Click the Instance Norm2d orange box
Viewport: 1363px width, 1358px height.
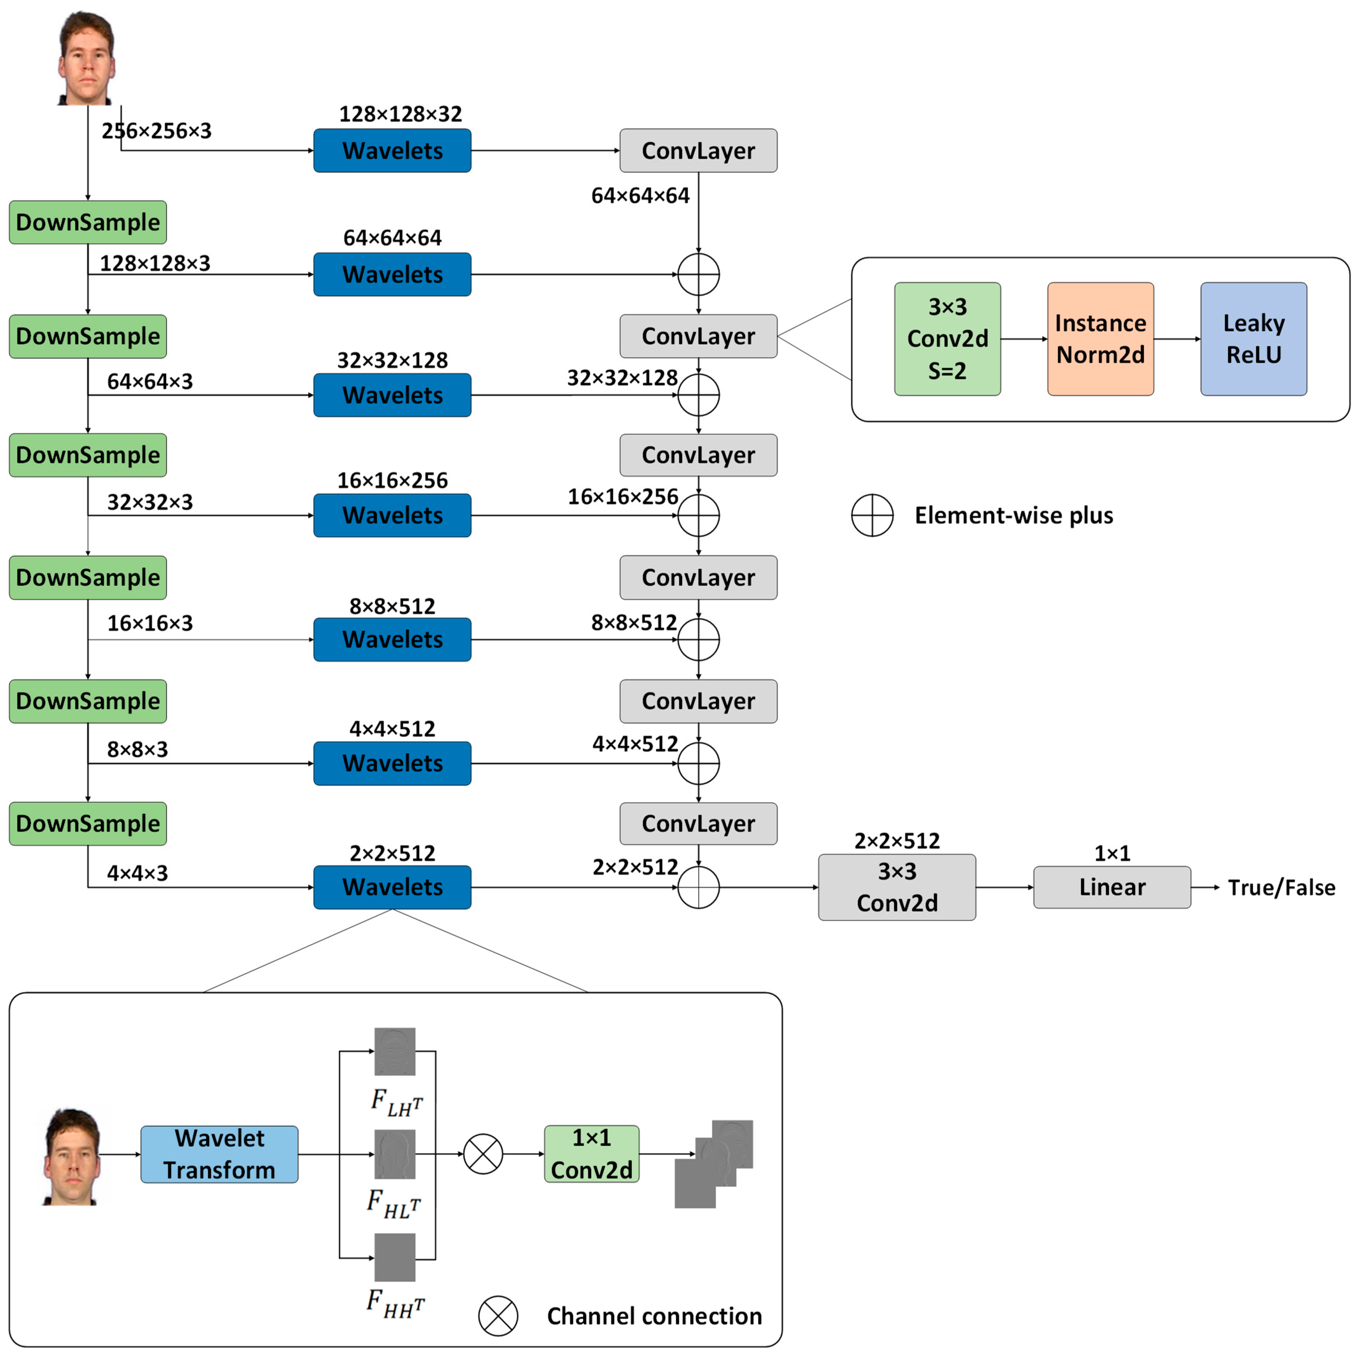(x=1101, y=339)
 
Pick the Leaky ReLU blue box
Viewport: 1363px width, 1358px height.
(x=1254, y=339)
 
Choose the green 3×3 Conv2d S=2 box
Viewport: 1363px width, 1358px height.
(x=947, y=339)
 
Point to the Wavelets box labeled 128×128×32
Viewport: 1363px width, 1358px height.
(x=392, y=150)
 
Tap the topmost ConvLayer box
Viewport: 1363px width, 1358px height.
(x=698, y=150)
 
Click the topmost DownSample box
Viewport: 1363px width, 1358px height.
(x=88, y=222)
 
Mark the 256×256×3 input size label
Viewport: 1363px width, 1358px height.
(x=157, y=131)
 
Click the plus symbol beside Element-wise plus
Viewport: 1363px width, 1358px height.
(x=873, y=515)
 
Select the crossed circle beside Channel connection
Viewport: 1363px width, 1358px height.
(x=498, y=1316)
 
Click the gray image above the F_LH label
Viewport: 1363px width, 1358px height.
(x=395, y=1051)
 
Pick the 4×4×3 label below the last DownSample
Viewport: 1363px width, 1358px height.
(x=138, y=873)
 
